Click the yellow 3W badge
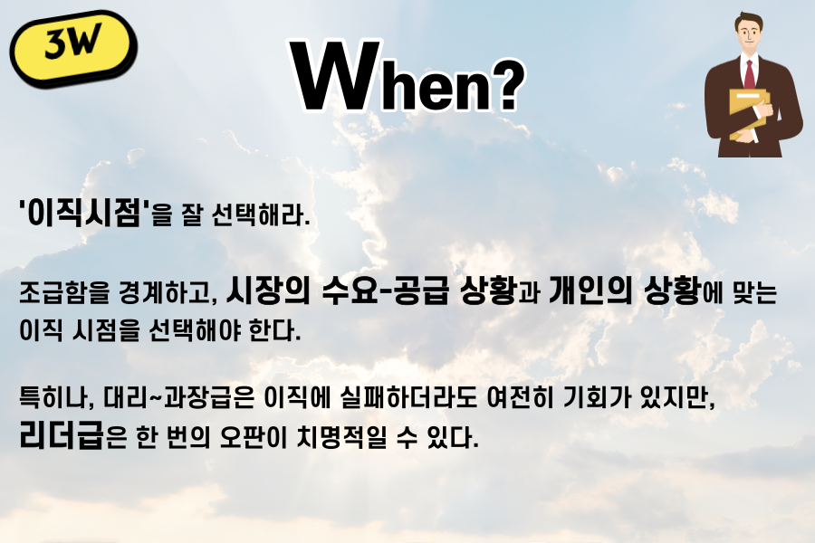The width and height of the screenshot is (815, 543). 73,48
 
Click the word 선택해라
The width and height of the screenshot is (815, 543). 261,214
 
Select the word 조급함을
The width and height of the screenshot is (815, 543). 64,292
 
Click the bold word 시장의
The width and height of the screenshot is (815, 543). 268,290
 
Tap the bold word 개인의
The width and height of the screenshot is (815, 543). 590,290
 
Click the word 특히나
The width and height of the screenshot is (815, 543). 56,397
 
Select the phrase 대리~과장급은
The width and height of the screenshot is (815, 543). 178,397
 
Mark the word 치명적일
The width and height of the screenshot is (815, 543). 342,437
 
